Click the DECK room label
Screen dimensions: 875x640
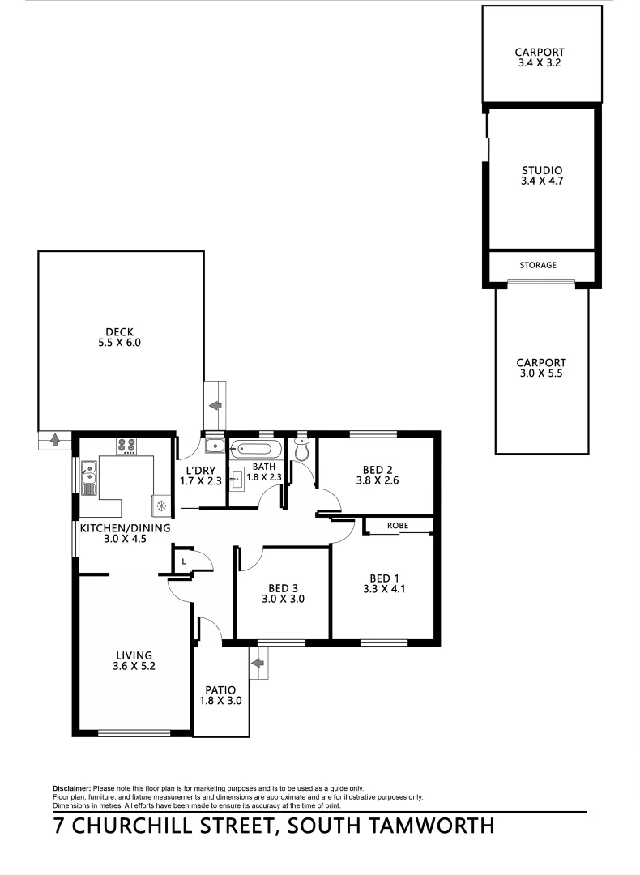(118, 331)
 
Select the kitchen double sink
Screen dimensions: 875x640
(88, 477)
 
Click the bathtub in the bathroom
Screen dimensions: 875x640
(256, 450)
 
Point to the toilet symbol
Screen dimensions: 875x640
(302, 450)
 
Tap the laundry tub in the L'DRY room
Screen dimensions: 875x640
(214, 446)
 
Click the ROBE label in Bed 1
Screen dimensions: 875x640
(398, 526)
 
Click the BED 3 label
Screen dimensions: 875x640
(282, 589)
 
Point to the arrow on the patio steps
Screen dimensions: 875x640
(258, 664)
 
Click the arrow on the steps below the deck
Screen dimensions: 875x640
(54, 440)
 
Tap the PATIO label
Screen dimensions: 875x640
(220, 689)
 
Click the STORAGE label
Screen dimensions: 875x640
(538, 265)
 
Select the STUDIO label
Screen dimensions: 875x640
(542, 170)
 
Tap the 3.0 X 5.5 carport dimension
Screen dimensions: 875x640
(542, 374)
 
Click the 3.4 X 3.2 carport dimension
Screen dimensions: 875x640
(542, 62)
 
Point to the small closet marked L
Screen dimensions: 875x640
(184, 561)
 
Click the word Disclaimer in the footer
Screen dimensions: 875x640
(72, 788)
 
